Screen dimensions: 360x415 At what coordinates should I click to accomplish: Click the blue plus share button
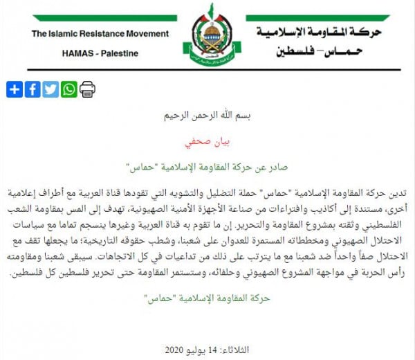tap(15, 89)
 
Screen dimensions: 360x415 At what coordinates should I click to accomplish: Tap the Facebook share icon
tap(33, 89)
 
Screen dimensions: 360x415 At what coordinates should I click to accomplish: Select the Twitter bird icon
tap(50, 89)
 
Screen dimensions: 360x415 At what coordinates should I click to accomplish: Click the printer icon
tap(87, 89)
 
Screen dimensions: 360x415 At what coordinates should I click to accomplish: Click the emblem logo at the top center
tap(207, 32)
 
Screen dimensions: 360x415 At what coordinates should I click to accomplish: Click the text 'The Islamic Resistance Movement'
tap(100, 34)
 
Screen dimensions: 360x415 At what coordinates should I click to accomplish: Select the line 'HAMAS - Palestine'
tap(100, 53)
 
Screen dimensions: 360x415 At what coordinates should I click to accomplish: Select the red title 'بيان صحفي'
tap(207, 143)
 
